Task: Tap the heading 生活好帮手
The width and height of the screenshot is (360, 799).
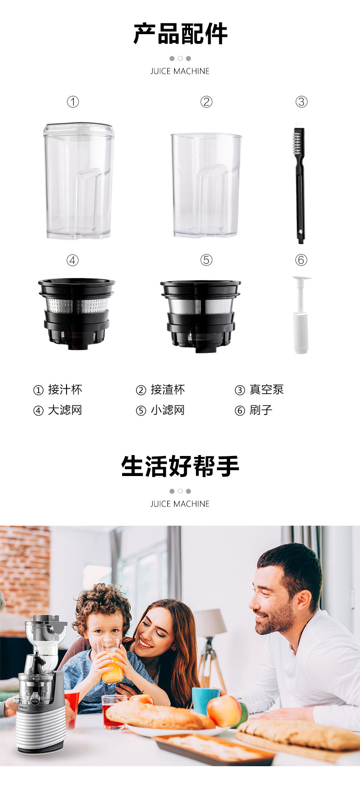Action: [x=180, y=466]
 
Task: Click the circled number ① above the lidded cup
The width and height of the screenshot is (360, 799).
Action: [x=73, y=102]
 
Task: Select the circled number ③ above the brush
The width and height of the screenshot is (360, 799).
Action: [x=301, y=102]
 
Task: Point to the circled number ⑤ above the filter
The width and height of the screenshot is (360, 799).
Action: [x=206, y=260]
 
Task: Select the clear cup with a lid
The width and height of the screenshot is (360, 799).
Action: [x=78, y=180]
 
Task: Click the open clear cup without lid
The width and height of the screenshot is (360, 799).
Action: [x=206, y=185]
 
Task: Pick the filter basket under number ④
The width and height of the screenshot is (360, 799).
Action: [x=77, y=314]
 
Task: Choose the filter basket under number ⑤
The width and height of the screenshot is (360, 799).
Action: [x=200, y=316]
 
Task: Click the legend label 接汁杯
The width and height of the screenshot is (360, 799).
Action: [x=65, y=390]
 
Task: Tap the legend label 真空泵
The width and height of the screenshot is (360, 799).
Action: [x=267, y=390]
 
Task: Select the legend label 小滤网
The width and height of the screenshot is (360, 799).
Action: [x=168, y=410]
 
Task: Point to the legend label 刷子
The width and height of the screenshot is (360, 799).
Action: [x=261, y=410]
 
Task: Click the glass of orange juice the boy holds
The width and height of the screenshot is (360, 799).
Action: [x=110, y=661]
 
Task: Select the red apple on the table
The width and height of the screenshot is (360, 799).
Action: [x=224, y=710]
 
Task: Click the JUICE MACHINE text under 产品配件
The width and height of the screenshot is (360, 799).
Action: [x=180, y=71]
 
